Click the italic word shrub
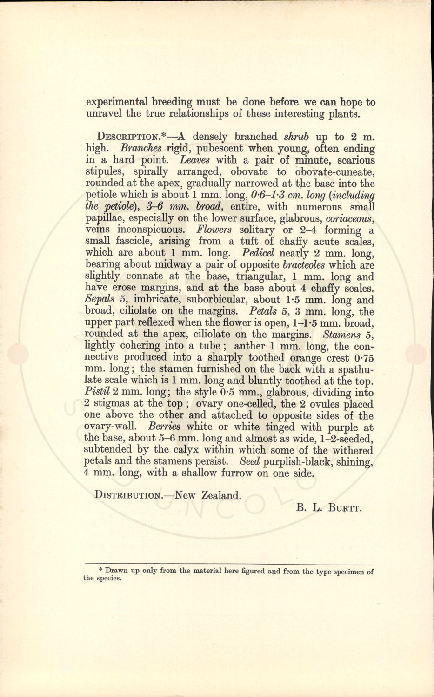coord(296,137)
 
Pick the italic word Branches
coord(140,149)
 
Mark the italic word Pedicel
coord(259,253)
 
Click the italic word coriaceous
coord(350,218)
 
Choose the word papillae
coord(103,218)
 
